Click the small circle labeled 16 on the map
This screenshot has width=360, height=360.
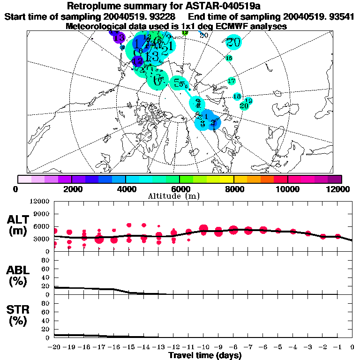[229, 58]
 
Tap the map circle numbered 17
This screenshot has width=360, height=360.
[231, 81]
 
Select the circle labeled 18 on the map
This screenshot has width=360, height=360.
[237, 96]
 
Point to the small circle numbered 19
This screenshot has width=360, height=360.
[248, 101]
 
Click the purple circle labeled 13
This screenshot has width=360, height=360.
[119, 37]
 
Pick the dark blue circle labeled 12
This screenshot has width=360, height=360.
[137, 61]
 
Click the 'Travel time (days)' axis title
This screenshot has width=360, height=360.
[205, 355]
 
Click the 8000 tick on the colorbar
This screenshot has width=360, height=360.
[233, 189]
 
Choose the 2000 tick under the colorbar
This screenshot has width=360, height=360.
[71, 189]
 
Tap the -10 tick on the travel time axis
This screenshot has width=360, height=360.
[203, 347]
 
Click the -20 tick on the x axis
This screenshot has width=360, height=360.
[54, 347]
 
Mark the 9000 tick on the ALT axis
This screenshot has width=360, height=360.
[42, 214]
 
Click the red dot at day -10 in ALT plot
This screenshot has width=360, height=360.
[203, 229]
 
